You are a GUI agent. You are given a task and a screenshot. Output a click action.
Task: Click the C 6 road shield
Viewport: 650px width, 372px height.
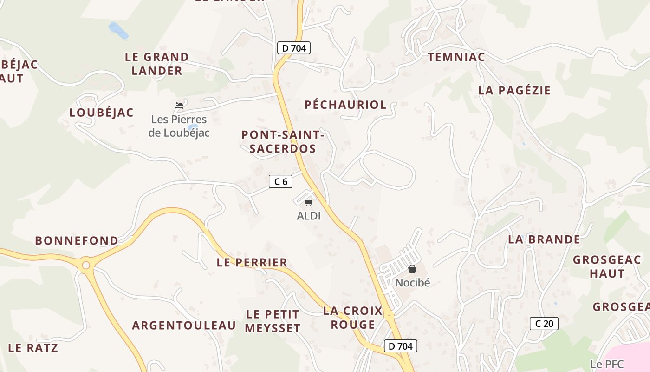click(x=281, y=181)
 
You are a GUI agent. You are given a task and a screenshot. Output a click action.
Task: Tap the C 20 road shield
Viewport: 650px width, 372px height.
click(x=544, y=323)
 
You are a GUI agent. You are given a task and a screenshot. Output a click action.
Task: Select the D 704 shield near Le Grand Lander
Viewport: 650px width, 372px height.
click(x=294, y=48)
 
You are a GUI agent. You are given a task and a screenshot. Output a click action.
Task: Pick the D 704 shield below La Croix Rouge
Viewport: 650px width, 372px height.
click(x=401, y=346)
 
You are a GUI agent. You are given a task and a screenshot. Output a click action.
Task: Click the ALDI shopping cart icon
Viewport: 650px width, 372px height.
click(x=309, y=202)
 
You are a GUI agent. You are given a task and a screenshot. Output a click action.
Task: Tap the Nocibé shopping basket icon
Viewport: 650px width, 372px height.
click(x=412, y=269)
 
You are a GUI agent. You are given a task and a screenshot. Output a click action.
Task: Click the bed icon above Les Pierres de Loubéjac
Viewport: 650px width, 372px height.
click(x=179, y=106)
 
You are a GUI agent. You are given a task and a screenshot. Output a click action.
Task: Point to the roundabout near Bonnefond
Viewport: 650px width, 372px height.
click(x=85, y=266)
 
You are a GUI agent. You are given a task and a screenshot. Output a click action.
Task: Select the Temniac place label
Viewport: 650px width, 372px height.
click(x=456, y=57)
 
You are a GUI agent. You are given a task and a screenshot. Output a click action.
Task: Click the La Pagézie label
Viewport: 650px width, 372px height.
click(x=514, y=90)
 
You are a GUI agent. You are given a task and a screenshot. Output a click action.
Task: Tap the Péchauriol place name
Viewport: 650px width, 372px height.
click(x=345, y=105)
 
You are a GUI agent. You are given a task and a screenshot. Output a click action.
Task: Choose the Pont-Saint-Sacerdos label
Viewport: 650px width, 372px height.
click(x=282, y=142)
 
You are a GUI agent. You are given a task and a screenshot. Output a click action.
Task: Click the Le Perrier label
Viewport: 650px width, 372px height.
click(x=252, y=263)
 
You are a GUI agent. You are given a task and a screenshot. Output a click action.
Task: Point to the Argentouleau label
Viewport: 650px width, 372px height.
click(x=184, y=325)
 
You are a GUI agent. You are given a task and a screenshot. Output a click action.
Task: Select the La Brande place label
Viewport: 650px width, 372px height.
click(x=544, y=239)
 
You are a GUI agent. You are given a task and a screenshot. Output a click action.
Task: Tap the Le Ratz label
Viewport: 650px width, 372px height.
click(x=33, y=348)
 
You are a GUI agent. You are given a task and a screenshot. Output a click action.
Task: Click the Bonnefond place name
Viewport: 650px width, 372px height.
click(x=77, y=241)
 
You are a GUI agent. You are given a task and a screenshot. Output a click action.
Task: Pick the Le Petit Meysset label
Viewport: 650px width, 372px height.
click(x=273, y=321)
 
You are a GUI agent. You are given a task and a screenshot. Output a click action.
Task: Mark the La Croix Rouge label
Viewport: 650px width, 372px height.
click(x=353, y=318)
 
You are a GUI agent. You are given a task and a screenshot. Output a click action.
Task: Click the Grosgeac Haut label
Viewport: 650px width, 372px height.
click(x=607, y=266)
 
